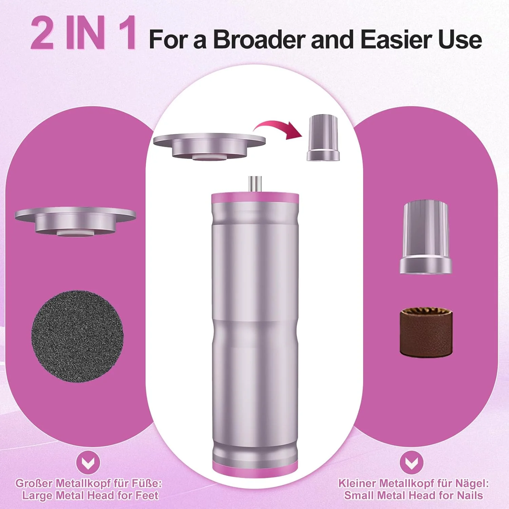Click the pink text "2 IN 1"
(x=84, y=34)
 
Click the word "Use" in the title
(x=460, y=40)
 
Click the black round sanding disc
(x=77, y=336)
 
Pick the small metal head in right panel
(x=426, y=237)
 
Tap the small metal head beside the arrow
(x=323, y=138)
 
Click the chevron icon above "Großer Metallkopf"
(x=88, y=463)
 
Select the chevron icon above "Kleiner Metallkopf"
(x=411, y=463)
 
